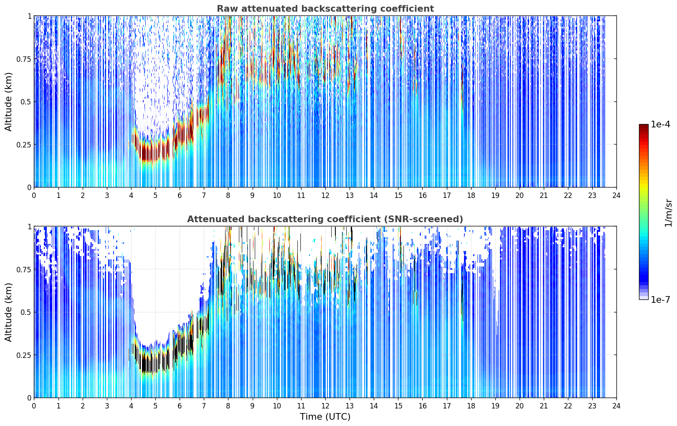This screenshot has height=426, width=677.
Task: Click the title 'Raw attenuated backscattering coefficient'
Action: point(325,8)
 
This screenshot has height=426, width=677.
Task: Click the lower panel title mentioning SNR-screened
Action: point(325,219)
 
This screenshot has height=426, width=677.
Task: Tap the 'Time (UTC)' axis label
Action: point(325,417)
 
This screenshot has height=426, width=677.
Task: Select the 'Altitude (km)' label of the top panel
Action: point(8,102)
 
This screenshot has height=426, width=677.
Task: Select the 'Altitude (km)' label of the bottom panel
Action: point(8,312)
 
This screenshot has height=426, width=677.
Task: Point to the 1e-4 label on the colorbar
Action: point(660,124)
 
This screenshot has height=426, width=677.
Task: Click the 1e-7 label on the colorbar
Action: point(660,300)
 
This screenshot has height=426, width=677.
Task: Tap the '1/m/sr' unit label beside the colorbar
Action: point(668,213)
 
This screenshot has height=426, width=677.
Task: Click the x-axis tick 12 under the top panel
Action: point(325,195)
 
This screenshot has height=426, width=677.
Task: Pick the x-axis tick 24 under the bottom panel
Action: point(616,406)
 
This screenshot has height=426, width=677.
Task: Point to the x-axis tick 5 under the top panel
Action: point(155,195)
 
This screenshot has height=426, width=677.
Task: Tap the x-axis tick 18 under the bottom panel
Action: point(471,406)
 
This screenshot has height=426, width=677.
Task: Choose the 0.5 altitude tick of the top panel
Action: point(26,102)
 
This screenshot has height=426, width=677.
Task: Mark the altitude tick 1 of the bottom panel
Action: point(29,227)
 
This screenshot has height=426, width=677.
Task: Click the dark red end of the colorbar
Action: point(644,126)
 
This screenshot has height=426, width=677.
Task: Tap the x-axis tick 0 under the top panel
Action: point(34,195)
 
